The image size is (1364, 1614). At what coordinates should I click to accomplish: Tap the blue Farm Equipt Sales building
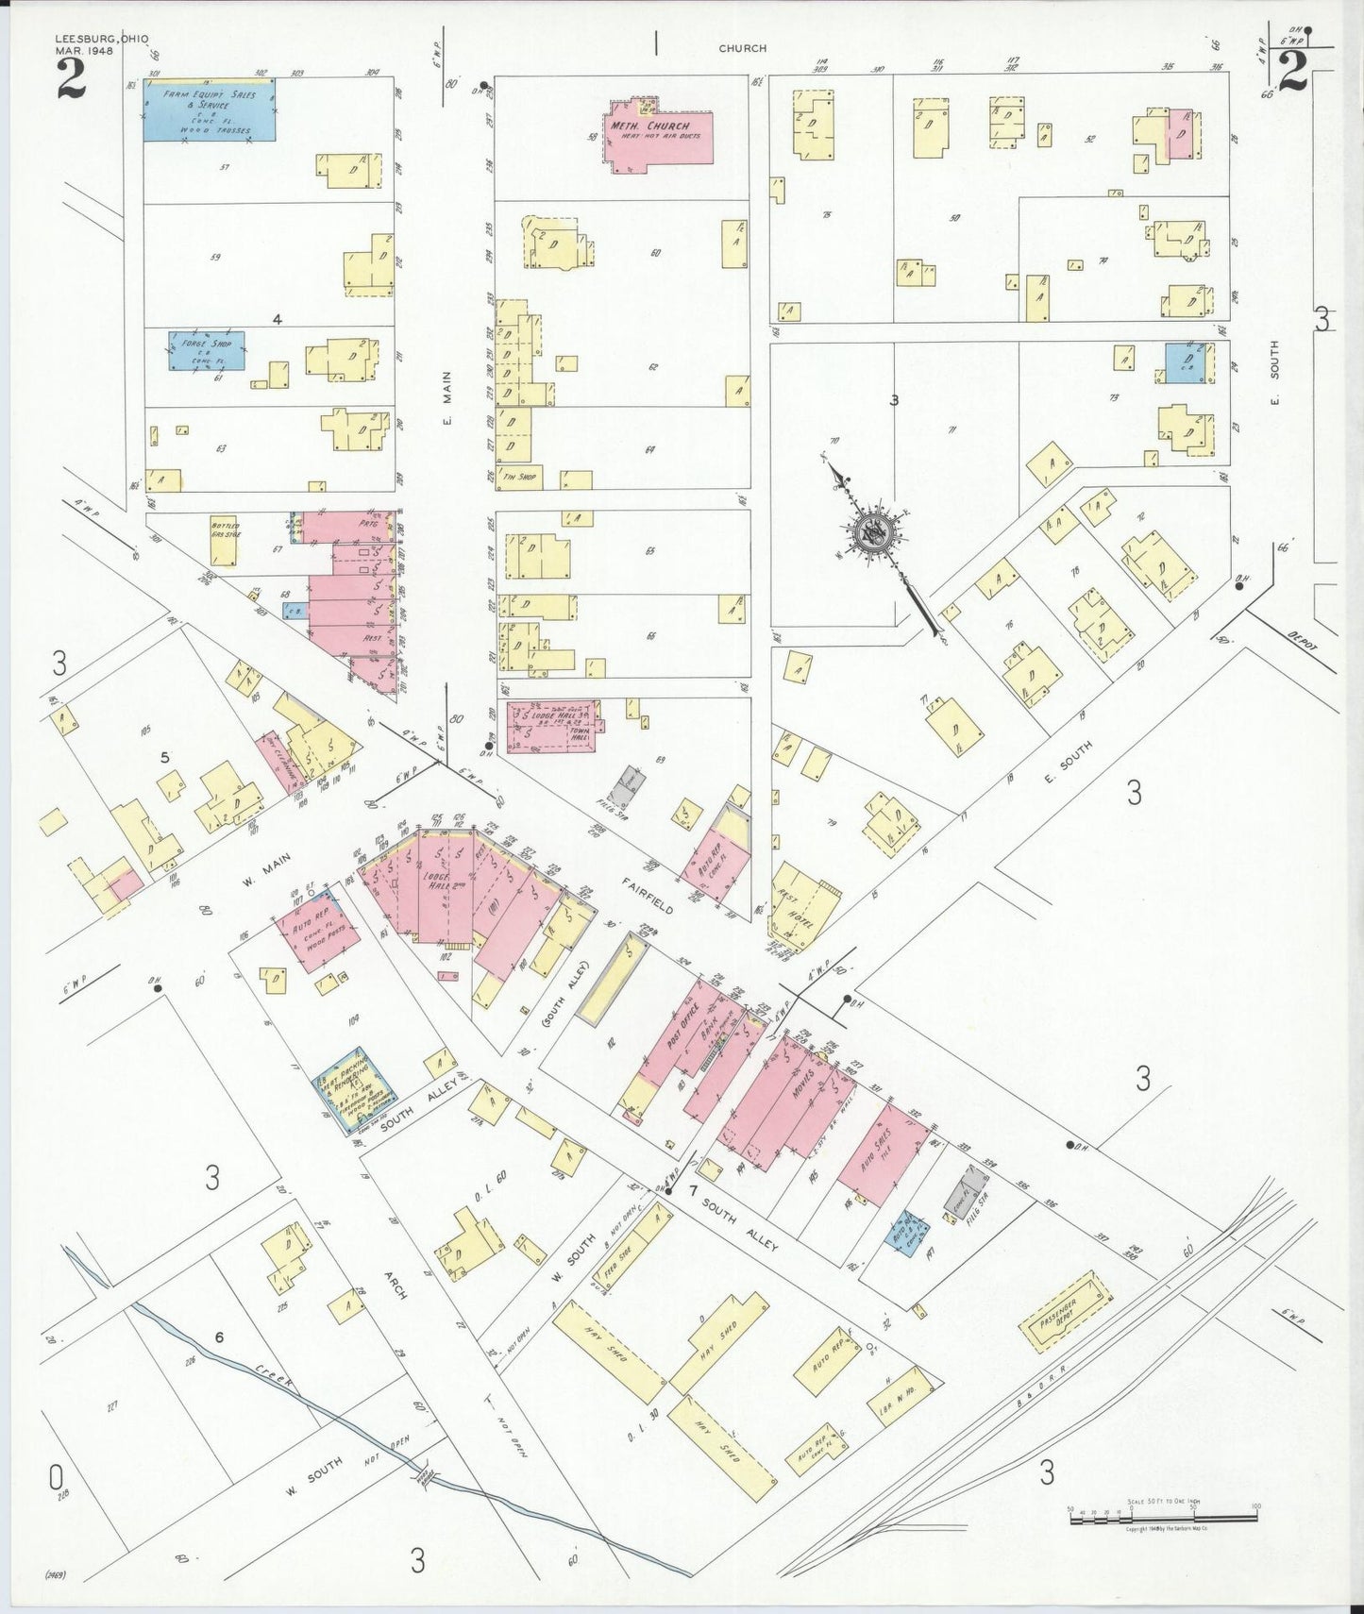pyautogui.click(x=210, y=110)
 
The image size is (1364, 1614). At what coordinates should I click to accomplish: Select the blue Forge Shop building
pyautogui.click(x=207, y=350)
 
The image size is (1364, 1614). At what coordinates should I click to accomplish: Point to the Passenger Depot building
pyautogui.click(x=1064, y=1311)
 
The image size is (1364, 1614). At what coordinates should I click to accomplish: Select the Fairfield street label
pyautogui.click(x=648, y=895)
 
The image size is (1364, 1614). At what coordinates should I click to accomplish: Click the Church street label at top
pyautogui.click(x=742, y=48)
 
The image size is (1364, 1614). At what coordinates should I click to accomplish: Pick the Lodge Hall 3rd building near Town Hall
pyautogui.click(x=552, y=726)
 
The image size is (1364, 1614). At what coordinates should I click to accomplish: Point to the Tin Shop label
pyautogui.click(x=520, y=477)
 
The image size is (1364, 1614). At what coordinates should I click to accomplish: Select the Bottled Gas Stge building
pyautogui.click(x=224, y=540)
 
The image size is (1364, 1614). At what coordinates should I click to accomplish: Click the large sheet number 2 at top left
pyautogui.click(x=72, y=79)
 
